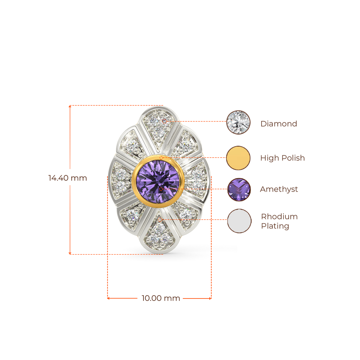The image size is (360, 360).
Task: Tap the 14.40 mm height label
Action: (x=67, y=178)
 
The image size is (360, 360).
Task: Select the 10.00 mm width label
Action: (x=161, y=298)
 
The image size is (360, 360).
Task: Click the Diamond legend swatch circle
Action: (x=239, y=122)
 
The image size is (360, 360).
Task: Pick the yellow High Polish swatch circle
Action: (x=239, y=158)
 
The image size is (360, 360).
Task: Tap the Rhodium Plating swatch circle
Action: (x=239, y=221)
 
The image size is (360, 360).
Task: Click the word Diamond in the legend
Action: (x=278, y=124)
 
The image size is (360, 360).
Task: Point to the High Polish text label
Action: (x=283, y=158)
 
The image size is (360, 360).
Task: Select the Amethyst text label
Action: (x=279, y=189)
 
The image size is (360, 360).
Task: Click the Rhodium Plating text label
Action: (x=279, y=221)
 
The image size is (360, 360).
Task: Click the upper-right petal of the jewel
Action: (x=185, y=143)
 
